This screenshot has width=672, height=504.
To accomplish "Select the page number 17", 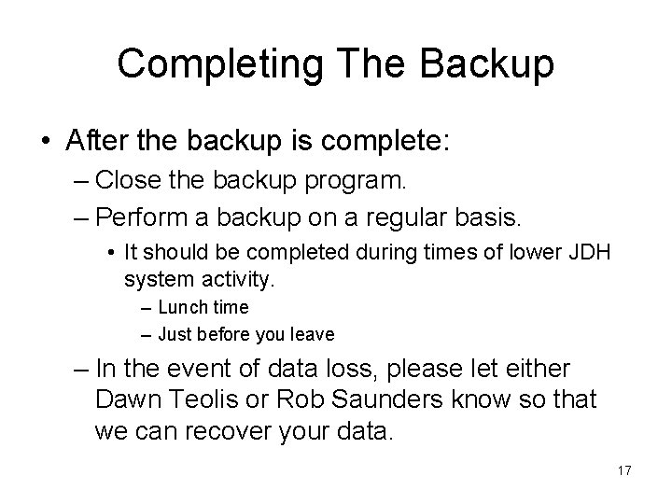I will tap(624, 470).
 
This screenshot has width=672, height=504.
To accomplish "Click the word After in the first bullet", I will tap(96, 142).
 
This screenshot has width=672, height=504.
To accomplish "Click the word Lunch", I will tap(180, 307).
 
